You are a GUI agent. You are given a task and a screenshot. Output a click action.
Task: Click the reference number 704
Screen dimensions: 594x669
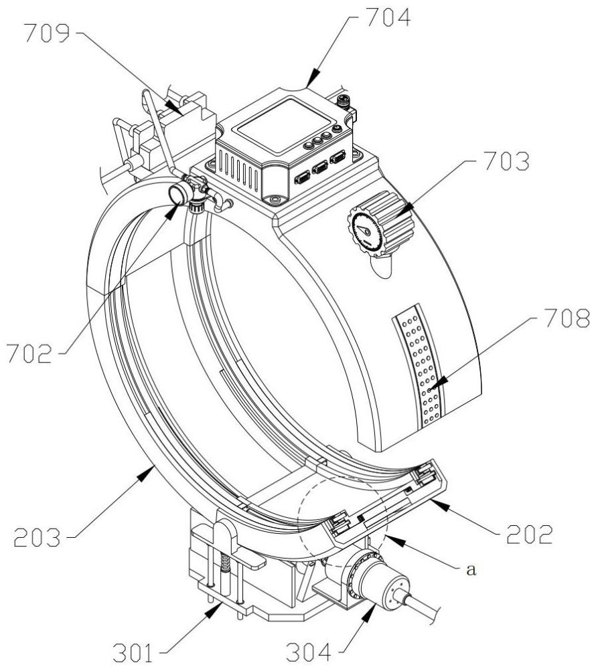point(388,17)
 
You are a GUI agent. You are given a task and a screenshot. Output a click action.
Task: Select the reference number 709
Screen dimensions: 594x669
point(47,33)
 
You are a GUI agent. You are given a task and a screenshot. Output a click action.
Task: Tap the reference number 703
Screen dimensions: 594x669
point(507,161)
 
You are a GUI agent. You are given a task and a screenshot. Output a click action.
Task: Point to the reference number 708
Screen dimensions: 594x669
point(567,318)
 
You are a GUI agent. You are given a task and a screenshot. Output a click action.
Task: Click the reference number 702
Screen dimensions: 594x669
point(29,354)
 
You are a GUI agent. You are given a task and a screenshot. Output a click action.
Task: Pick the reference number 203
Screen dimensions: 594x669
point(37,537)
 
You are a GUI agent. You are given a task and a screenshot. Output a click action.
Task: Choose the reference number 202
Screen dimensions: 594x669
point(530,534)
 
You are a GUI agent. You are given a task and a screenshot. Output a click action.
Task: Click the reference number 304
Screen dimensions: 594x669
point(308,652)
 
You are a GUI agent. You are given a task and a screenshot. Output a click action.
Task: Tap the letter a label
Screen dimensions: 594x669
point(471,569)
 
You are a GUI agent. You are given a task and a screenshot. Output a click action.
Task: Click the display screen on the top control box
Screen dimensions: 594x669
point(283,124)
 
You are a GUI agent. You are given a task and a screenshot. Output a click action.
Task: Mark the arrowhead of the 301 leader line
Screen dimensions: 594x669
point(214,611)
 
